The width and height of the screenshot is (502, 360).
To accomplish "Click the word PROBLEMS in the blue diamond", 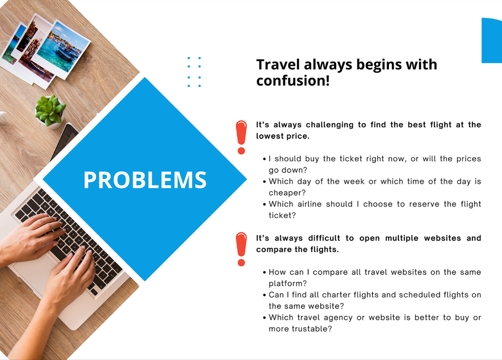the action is (145, 180).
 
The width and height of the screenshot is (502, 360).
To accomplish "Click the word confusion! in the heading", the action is (293, 81).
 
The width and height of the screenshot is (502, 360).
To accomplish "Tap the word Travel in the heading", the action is (278, 65).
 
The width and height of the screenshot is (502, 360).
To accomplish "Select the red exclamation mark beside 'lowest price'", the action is (241, 137).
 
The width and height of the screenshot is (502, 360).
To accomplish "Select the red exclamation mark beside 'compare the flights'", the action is (241, 249).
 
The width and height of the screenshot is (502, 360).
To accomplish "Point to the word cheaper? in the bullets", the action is (287, 193).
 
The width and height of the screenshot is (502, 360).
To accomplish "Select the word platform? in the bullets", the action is (288, 284).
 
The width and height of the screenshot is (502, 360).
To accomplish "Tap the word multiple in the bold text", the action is (402, 238).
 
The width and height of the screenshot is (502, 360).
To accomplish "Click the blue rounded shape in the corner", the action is (492, 40).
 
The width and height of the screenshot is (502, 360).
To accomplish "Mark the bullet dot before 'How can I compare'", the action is (264, 273).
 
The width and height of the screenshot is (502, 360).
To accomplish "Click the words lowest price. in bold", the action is (283, 136).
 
